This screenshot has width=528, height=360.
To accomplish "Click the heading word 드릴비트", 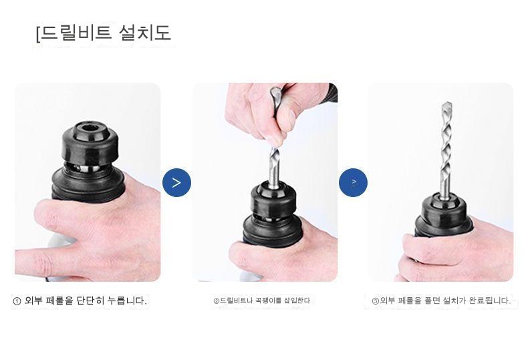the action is pos(76,33).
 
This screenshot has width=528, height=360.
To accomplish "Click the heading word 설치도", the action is pos(145,33).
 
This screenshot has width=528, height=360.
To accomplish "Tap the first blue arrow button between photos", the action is pos(176,183).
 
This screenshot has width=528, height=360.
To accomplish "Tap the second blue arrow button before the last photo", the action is pos(354,183).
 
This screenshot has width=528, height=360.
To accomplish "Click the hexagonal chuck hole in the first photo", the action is pos(91,128).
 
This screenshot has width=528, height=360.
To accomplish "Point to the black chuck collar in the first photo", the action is pos(90,143).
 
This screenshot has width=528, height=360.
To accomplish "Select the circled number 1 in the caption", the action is pos(17,301).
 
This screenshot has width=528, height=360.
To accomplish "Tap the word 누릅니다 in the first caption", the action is pos(127,301).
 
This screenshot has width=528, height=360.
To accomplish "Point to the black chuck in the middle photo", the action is pos(274,212).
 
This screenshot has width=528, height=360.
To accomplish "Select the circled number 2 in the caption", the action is pos(216,301).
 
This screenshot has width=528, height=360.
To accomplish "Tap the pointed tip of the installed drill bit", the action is pos(447,103).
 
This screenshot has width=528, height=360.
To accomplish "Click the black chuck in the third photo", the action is pos(443,215).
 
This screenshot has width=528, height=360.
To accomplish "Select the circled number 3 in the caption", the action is pos(376,301).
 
